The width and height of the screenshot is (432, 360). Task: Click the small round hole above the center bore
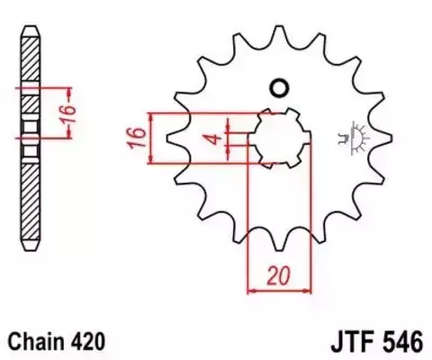click(278, 88)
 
